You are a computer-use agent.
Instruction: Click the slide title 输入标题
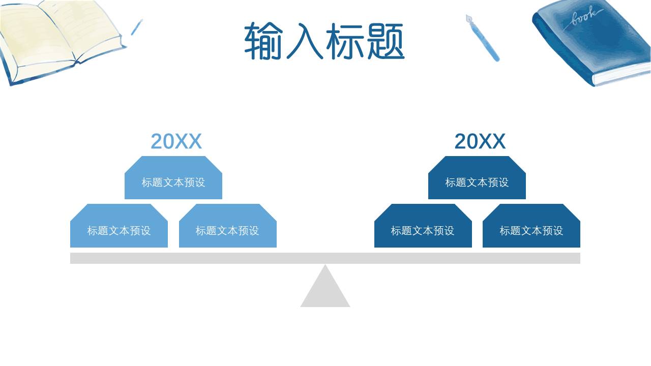click(x=324, y=41)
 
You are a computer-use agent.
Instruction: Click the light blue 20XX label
click(x=176, y=141)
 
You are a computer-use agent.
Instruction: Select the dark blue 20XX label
click(x=480, y=141)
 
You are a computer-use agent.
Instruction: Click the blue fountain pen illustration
click(x=483, y=39)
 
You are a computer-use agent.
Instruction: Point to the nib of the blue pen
click(x=469, y=20)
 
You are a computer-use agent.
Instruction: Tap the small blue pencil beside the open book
click(x=136, y=27)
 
